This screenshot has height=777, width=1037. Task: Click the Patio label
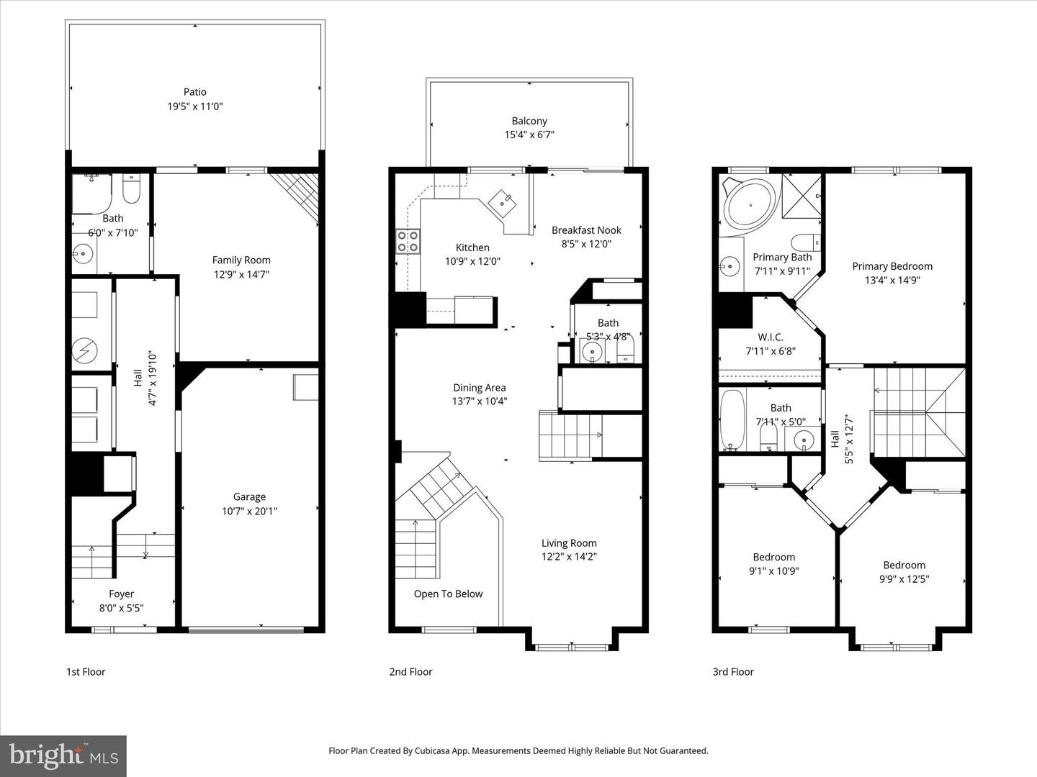(x=194, y=92)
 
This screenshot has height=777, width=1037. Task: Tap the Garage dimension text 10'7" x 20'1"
(x=249, y=511)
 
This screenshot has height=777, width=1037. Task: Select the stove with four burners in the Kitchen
(x=408, y=241)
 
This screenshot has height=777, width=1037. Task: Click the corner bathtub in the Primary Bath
(x=750, y=204)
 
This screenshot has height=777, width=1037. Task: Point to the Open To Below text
(x=448, y=594)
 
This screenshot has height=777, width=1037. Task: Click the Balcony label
(x=529, y=121)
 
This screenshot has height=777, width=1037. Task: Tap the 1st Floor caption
(x=86, y=672)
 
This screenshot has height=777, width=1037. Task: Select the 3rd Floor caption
(x=733, y=672)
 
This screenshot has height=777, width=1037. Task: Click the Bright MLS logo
(x=63, y=755)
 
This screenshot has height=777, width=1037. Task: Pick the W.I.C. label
(x=770, y=337)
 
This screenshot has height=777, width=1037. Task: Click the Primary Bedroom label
(x=892, y=266)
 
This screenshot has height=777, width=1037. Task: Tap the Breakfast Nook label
(x=586, y=230)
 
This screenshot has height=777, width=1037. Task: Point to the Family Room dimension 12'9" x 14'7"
(x=241, y=274)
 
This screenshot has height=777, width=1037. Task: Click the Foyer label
(x=121, y=594)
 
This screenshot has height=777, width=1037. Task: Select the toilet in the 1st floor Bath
(x=132, y=188)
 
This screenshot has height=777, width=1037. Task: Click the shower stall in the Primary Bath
(x=802, y=196)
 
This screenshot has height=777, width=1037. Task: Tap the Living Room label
(x=569, y=543)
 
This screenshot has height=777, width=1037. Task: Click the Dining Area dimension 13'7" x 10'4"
(x=480, y=401)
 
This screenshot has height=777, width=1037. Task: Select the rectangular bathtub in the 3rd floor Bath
(x=732, y=420)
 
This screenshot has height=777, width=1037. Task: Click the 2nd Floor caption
(x=410, y=672)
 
